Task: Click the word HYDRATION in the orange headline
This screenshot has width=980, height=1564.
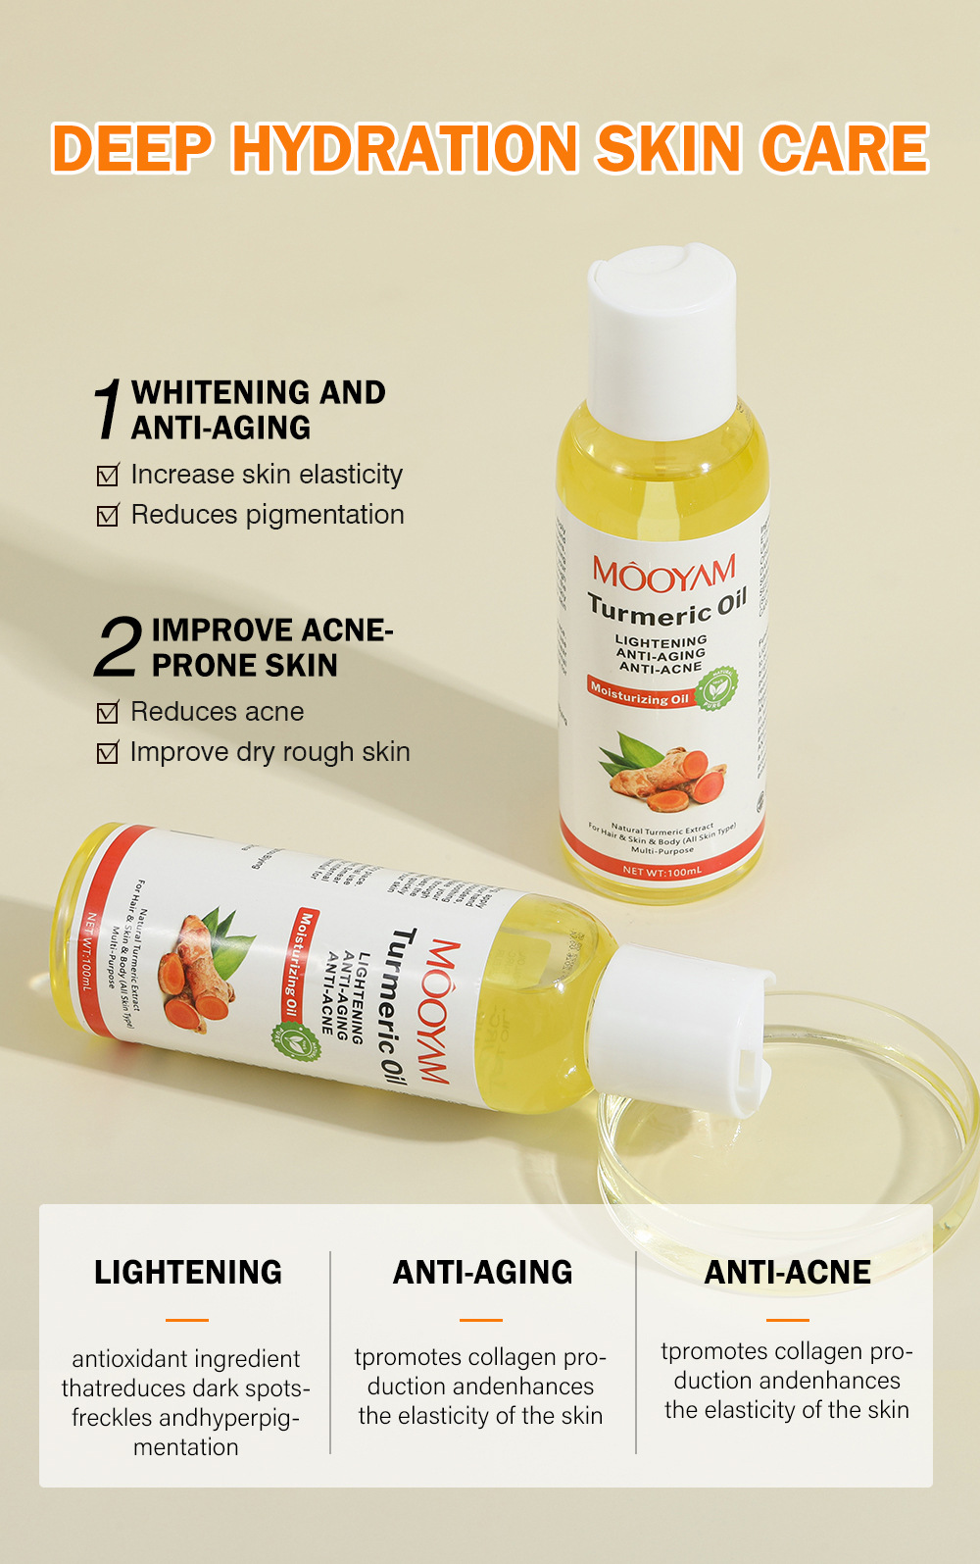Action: (x=404, y=149)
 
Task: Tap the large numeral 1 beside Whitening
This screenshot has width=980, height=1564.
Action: (x=109, y=409)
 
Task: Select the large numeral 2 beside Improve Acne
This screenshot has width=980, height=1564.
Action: (x=118, y=647)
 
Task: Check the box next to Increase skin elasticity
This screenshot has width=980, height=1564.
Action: (x=108, y=476)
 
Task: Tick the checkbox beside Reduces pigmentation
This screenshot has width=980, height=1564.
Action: (x=108, y=516)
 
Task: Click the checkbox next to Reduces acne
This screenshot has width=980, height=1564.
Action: (x=108, y=713)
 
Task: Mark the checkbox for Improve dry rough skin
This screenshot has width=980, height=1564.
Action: (x=108, y=753)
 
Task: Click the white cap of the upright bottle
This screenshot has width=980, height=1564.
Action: (x=661, y=338)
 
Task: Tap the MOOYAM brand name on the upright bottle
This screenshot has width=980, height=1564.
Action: (x=663, y=574)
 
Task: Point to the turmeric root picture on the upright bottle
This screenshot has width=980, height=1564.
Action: (x=666, y=775)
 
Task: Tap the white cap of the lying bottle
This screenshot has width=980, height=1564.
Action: (x=686, y=1030)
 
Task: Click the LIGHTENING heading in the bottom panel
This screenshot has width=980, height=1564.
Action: (x=187, y=1272)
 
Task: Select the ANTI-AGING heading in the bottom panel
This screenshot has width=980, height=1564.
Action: (x=482, y=1272)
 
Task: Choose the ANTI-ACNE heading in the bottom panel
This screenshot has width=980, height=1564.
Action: (x=787, y=1272)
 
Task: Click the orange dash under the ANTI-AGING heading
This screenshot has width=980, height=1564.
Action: (x=481, y=1320)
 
